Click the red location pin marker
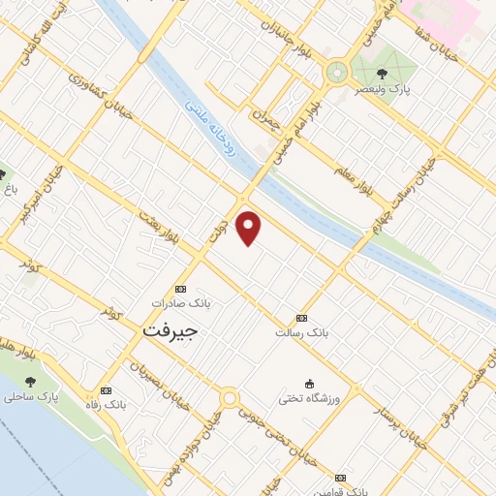249,228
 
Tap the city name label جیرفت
170,330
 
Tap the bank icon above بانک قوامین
340,478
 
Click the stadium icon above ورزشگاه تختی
309,383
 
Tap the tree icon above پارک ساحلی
30,382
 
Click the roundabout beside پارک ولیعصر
337,71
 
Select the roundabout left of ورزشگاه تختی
230,397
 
